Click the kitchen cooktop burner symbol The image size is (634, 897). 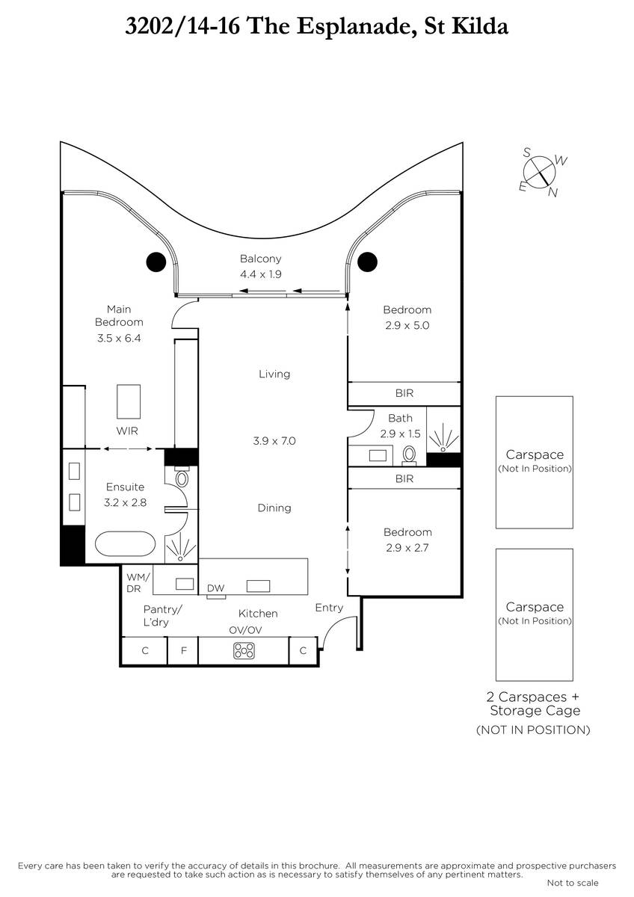click(x=244, y=651)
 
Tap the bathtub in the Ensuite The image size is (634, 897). click(x=125, y=544)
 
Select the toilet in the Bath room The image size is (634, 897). click(x=409, y=456)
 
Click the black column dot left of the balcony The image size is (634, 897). click(x=156, y=262)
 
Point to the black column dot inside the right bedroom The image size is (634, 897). click(x=367, y=262)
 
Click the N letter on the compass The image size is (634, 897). click(x=553, y=193)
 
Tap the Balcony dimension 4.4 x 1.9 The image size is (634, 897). click(x=261, y=274)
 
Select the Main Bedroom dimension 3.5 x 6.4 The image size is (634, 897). click(x=119, y=339)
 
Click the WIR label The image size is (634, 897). click(x=127, y=431)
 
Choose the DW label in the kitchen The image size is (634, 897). click(x=215, y=588)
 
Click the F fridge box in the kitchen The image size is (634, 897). click(x=183, y=651)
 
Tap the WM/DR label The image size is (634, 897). click(x=138, y=582)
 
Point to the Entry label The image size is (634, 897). click(x=329, y=608)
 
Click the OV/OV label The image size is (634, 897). click(x=245, y=630)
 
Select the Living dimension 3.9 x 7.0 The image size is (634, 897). click(x=274, y=441)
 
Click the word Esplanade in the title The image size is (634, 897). click(x=354, y=27)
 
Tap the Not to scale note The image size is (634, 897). click(x=573, y=883)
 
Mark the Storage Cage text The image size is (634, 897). click(x=535, y=711)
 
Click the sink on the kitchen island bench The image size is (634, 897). click(x=258, y=586)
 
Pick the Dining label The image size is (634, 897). click(x=274, y=508)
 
